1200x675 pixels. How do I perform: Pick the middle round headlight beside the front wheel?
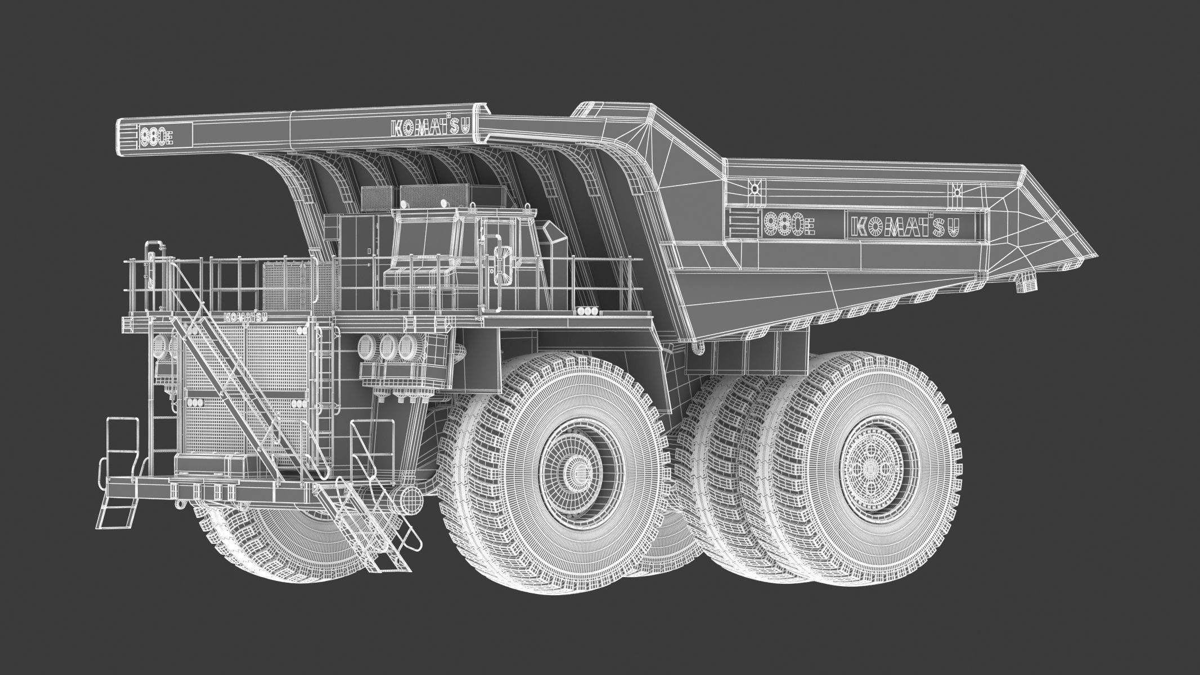(x=387, y=345)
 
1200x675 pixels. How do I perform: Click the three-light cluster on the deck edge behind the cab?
(x=588, y=310)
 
